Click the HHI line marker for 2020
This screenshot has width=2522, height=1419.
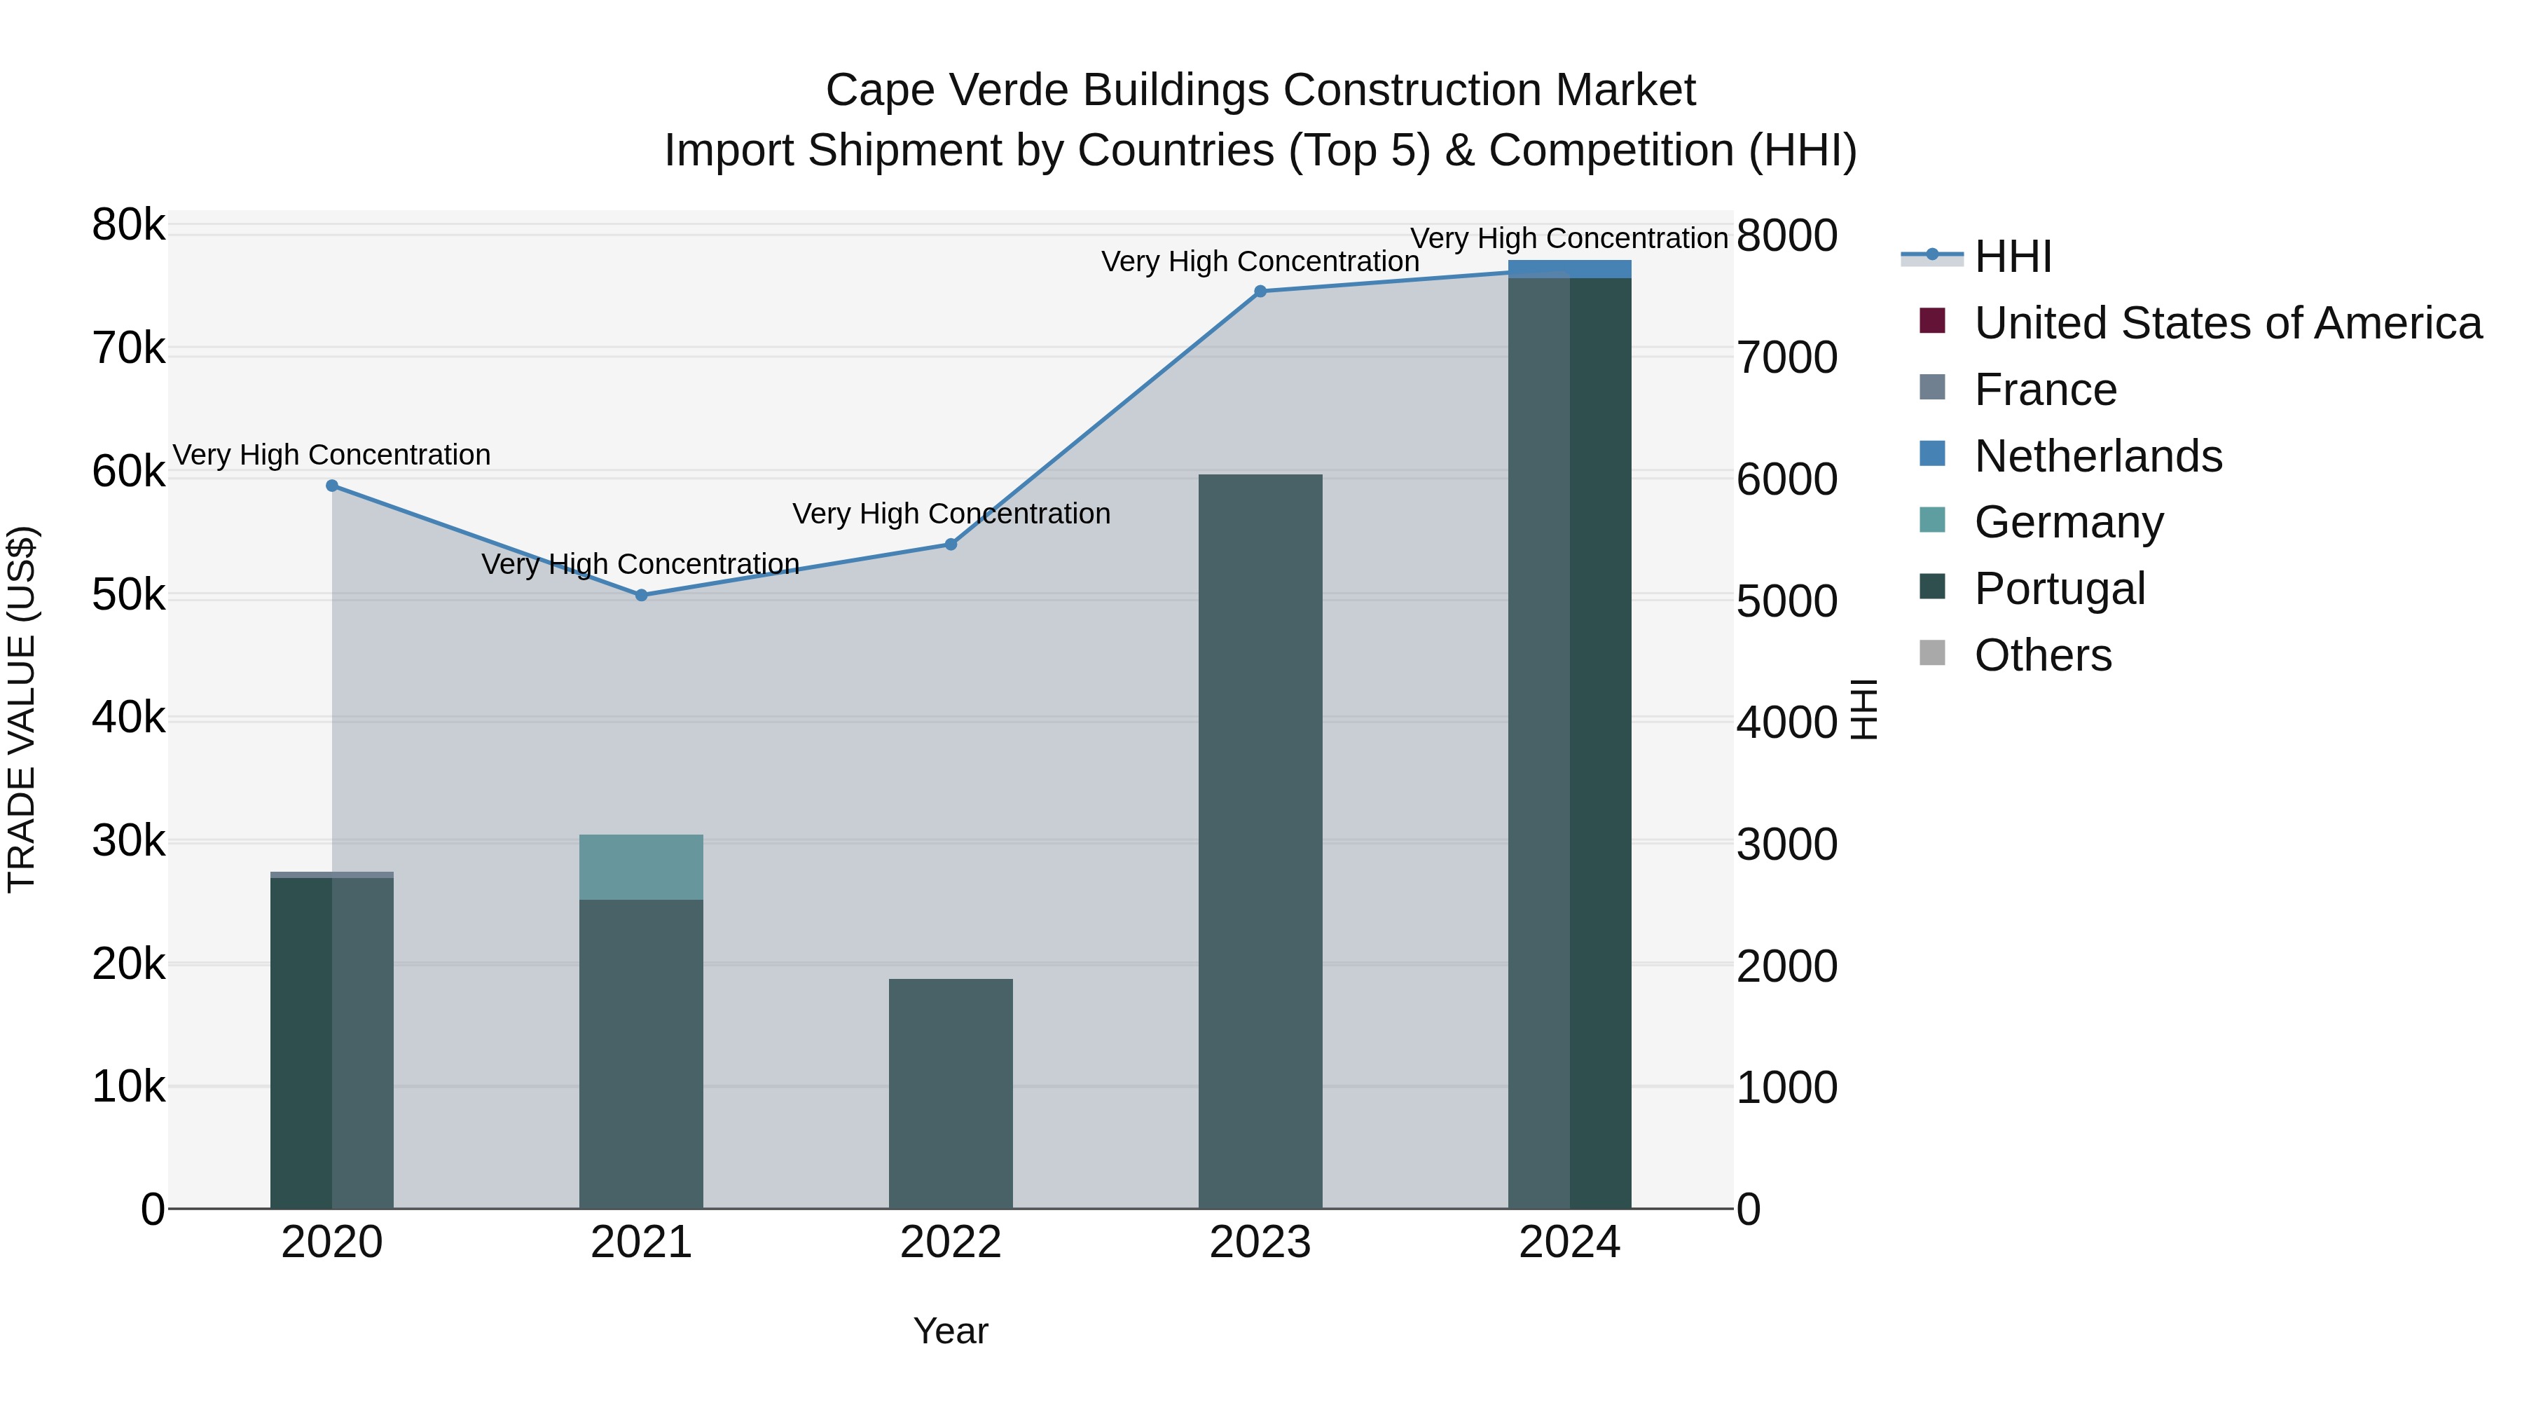332,486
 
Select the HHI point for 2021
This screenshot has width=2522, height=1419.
641,596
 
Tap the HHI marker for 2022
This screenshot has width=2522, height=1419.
951,544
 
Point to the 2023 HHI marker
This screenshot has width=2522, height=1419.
1260,291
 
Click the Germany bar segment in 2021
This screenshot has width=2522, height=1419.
641,867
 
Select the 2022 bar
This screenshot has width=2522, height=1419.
951,1093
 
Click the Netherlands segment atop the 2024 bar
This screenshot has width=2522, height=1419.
1569,269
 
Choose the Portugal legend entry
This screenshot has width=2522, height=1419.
2060,589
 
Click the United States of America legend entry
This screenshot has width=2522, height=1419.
2227,323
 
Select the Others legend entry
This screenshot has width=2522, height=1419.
2042,655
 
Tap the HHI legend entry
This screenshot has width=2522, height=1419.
2013,256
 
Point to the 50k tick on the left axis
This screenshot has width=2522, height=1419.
128,596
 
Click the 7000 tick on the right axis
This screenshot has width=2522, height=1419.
1786,357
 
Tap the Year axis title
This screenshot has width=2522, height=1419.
951,1331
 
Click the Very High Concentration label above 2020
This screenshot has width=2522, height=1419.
332,455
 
